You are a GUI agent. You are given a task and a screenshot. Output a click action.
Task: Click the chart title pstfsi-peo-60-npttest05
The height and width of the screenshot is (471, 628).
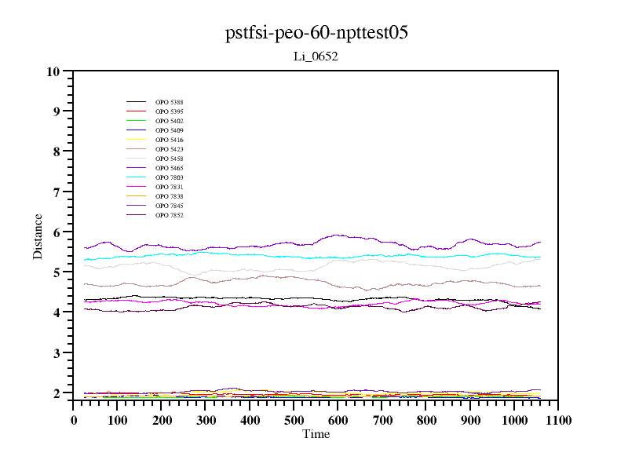tap(316, 33)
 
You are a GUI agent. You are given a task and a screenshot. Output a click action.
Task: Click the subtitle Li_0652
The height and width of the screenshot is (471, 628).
tap(316, 57)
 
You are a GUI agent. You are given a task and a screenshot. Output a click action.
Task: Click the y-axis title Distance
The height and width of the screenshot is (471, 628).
tap(38, 235)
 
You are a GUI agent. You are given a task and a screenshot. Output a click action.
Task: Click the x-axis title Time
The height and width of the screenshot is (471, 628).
tap(316, 434)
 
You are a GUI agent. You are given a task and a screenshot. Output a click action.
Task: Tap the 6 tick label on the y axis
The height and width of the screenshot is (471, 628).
tap(56, 232)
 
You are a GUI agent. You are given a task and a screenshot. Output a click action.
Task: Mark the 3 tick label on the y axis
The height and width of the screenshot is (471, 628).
tap(56, 353)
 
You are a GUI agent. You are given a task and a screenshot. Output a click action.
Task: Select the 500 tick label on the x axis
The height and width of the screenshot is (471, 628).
tap(294, 420)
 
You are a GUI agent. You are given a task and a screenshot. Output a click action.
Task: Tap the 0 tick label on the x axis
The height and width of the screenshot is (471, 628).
tap(74, 420)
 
